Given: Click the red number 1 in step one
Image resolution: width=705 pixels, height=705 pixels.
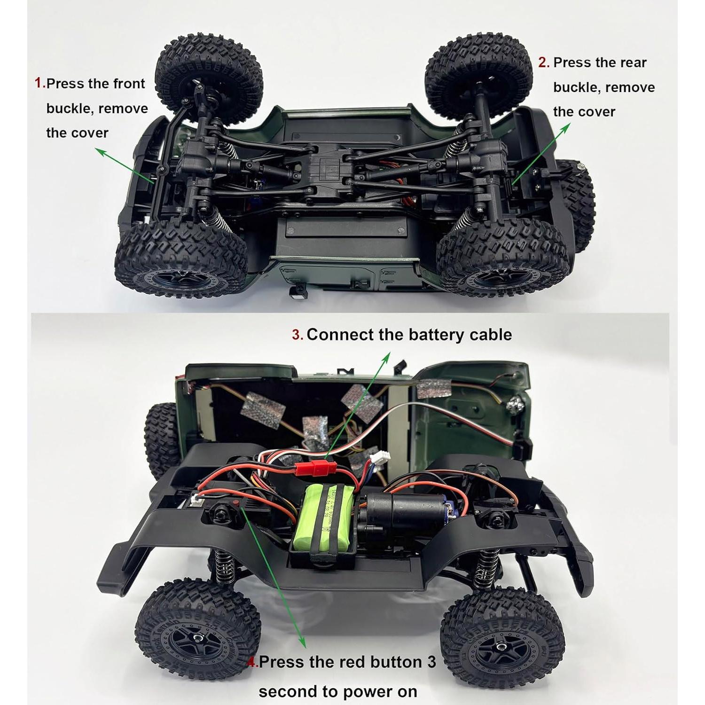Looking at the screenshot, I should coord(39,83).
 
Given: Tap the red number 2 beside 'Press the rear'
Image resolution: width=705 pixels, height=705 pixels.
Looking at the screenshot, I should coord(543,63).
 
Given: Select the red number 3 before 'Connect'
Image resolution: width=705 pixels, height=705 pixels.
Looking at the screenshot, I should coord(297,335).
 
